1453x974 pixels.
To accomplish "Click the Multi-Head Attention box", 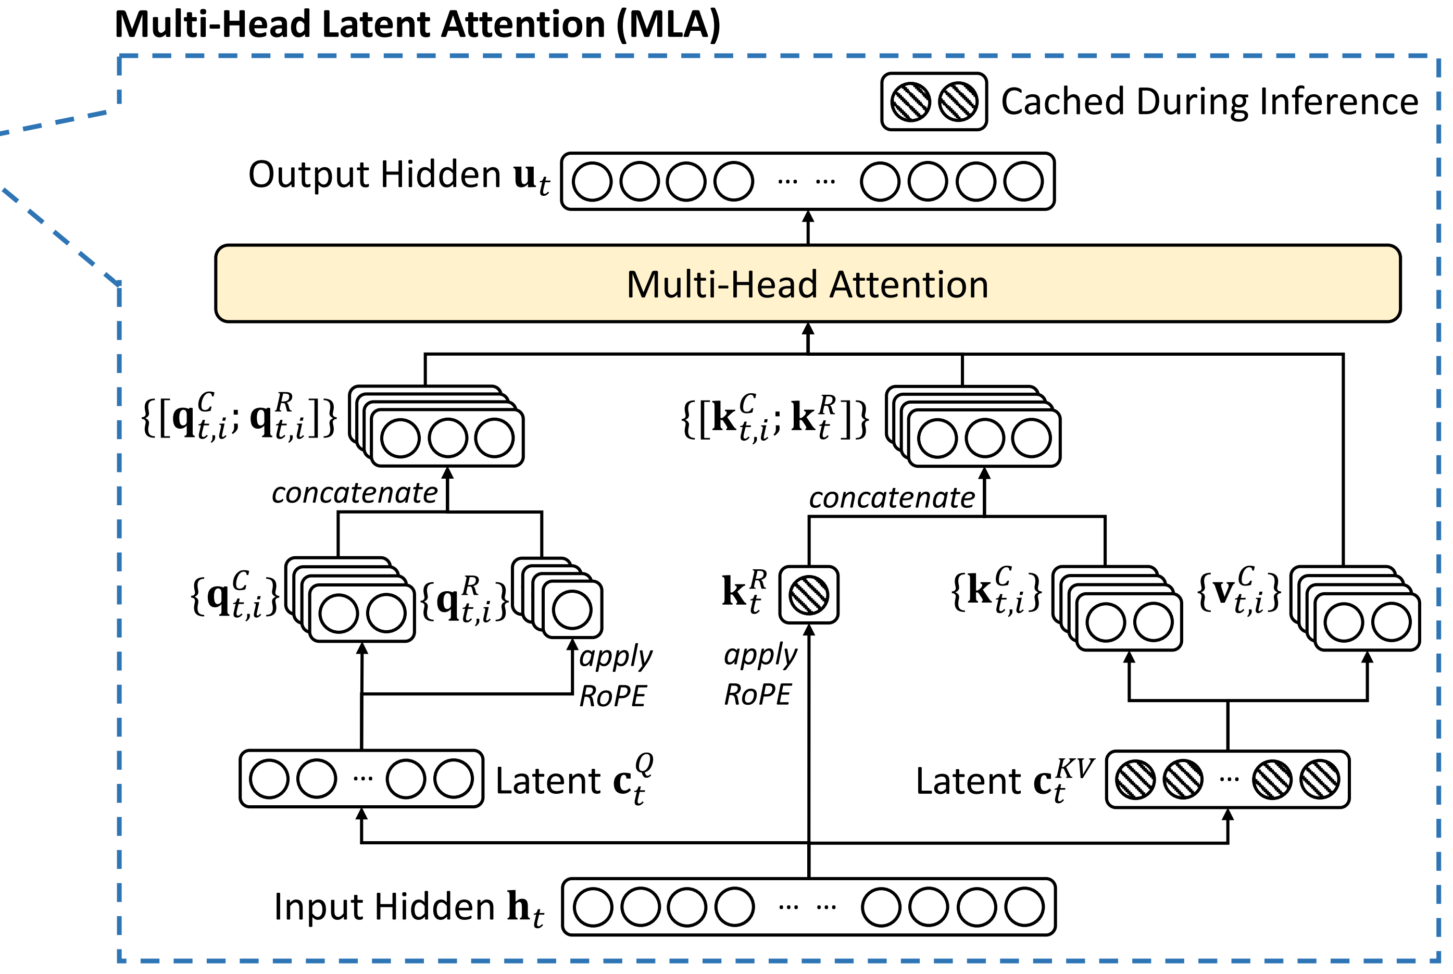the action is [x=807, y=283].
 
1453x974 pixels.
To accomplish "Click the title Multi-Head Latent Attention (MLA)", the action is [x=418, y=25].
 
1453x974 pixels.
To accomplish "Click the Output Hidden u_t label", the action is [x=398, y=176].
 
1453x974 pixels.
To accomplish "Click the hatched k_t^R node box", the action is [x=808, y=594].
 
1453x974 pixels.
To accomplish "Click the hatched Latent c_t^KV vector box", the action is [x=1227, y=779].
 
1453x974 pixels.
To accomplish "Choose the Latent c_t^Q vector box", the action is [x=361, y=778].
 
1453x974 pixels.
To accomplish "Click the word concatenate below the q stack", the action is [x=355, y=493].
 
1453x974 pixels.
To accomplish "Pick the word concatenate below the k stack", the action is [x=892, y=497].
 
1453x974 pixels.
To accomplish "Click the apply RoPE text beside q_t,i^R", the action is [x=616, y=677].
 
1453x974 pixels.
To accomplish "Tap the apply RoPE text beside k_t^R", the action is [x=760, y=675].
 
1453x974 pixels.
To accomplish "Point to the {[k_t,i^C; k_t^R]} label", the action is [x=775, y=417].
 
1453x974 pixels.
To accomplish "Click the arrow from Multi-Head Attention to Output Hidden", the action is [x=807, y=227].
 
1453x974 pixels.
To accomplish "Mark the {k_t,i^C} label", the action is [x=995, y=590].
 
